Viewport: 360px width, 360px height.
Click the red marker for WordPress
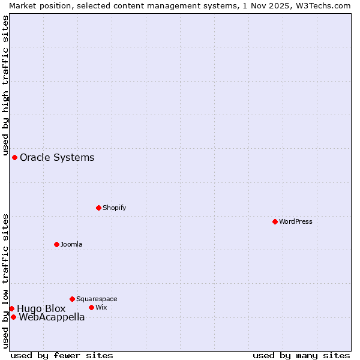275,221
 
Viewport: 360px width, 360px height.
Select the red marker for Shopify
98,208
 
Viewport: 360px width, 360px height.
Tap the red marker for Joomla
56,244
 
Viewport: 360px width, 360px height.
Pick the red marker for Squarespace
72,299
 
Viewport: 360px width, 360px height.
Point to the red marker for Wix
91,307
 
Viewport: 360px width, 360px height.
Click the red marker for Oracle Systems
14,157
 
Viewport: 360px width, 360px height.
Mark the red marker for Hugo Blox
11,308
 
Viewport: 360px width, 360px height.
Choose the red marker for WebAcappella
13,317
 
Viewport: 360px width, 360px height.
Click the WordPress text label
296,221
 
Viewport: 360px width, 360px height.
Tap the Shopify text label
115,208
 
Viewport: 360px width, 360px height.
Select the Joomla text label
71,244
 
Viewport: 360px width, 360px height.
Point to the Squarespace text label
97,299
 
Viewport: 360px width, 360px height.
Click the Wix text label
101,307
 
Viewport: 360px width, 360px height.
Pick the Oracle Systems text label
57,157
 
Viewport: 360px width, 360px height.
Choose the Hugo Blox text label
41,308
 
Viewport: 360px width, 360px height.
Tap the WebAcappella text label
52,317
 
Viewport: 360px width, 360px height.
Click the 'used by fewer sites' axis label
62,355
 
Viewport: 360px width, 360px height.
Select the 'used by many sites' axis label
301,355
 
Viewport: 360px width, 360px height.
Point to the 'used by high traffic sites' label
5,85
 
